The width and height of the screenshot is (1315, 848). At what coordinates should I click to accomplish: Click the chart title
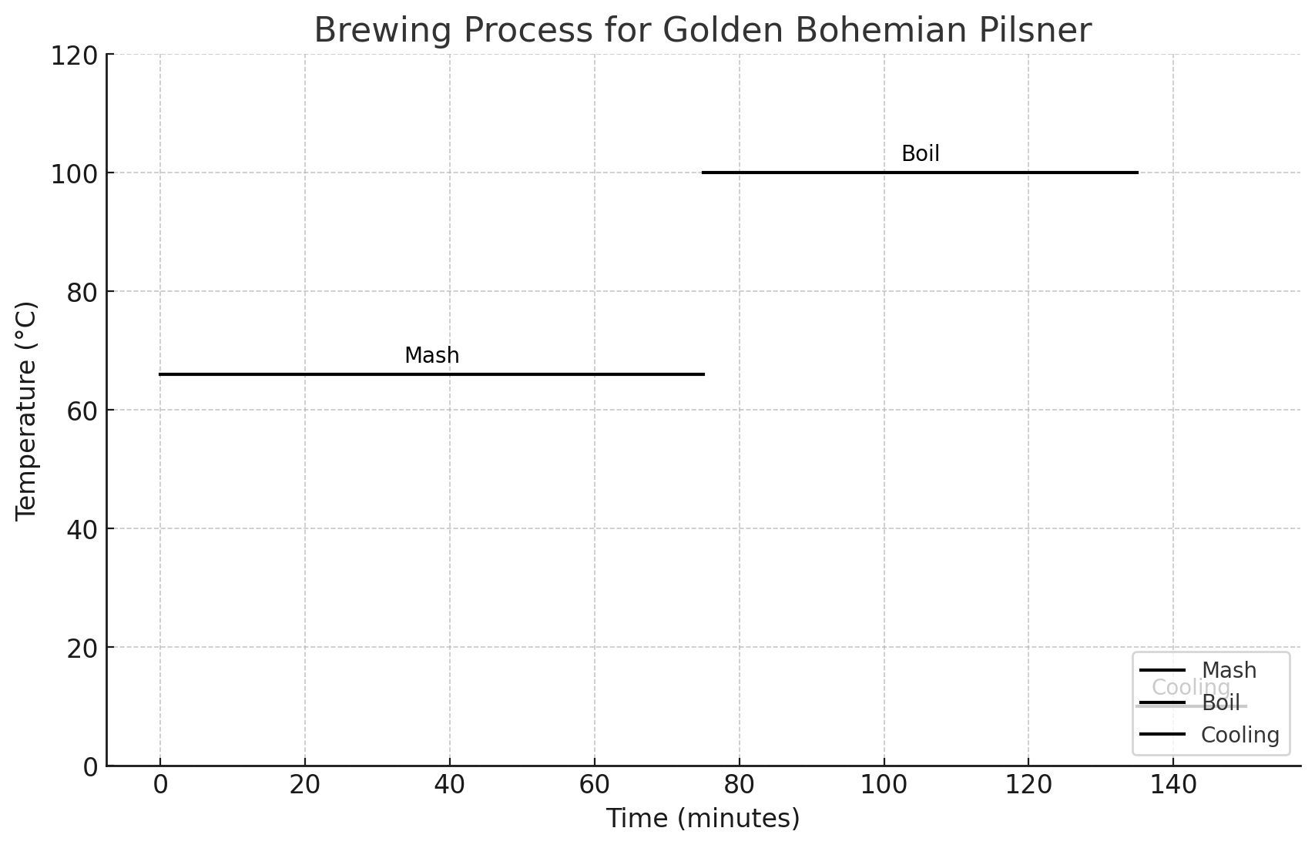point(702,31)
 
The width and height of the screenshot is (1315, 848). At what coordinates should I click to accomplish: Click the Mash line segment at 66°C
point(431,374)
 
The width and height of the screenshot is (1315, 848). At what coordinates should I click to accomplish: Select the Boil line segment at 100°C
point(920,173)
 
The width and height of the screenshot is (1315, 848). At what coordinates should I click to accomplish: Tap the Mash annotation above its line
point(431,356)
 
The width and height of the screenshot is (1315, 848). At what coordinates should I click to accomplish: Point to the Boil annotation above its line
point(920,154)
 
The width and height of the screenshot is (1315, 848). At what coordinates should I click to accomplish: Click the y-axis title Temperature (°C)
point(27,411)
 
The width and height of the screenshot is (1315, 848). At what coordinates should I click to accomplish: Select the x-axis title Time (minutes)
point(702,819)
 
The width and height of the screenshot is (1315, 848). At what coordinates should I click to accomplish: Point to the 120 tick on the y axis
point(74,55)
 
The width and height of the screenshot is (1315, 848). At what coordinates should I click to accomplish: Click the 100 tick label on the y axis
point(74,174)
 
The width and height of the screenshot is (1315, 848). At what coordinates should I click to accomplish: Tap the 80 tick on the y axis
point(83,293)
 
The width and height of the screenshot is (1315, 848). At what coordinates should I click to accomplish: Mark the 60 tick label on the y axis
point(83,411)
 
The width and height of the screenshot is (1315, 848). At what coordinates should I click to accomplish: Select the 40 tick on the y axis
point(83,530)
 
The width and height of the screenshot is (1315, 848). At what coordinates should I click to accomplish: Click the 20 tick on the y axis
point(83,649)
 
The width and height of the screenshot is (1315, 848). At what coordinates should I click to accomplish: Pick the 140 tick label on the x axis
point(1172,786)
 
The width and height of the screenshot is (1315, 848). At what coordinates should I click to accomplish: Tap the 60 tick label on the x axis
point(594,786)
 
